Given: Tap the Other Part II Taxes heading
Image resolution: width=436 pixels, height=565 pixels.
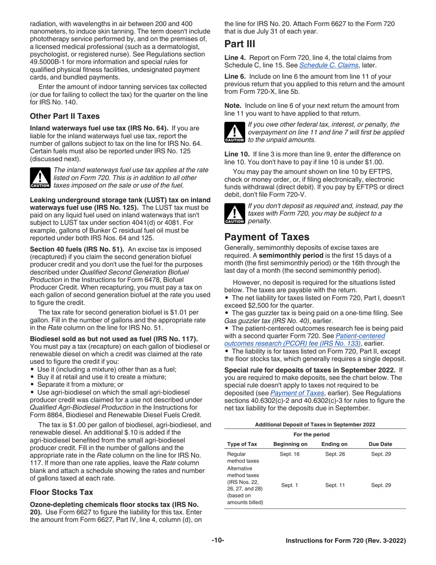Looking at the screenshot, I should click(x=65, y=116).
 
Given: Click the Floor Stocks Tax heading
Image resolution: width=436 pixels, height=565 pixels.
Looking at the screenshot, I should click(x=61, y=492).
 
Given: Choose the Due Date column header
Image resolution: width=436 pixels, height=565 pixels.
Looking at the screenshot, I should click(x=380, y=444).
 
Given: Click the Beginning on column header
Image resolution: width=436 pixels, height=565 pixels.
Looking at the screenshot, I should click(x=290, y=444).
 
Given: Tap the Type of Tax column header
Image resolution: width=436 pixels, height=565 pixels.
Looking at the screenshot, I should click(x=242, y=444).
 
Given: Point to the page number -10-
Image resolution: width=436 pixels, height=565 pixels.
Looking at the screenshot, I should click(x=218, y=541).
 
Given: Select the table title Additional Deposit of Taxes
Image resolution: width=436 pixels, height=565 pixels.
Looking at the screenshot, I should click(x=315, y=424).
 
